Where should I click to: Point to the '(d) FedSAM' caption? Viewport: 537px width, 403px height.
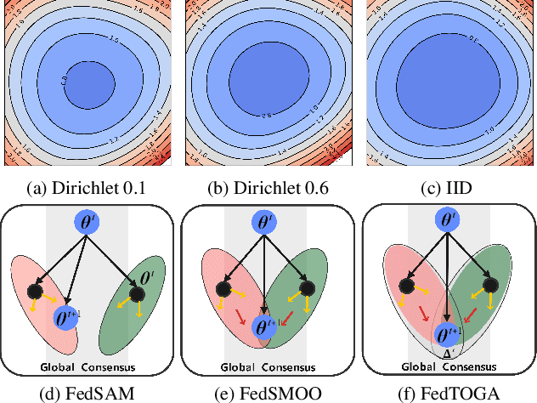[88, 394]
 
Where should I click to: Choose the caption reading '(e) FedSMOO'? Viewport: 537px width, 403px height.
[268, 394]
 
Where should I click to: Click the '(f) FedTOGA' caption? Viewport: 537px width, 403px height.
[447, 394]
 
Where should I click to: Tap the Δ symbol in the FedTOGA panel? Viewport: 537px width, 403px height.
[448, 352]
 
